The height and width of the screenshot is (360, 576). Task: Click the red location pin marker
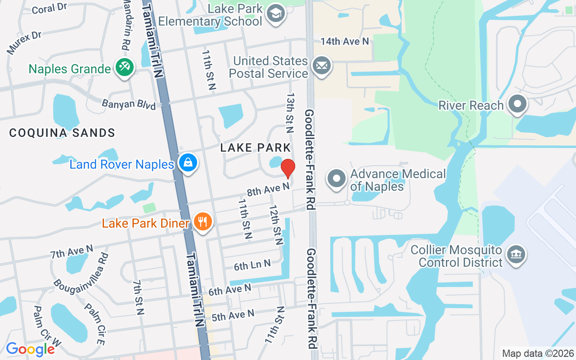(x=288, y=168)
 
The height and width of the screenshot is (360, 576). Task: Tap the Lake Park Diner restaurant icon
(x=203, y=222)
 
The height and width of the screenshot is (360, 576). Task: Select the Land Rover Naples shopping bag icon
(x=188, y=163)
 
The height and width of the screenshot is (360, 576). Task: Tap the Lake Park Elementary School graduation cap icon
(x=275, y=13)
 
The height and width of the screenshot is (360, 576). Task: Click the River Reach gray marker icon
(x=517, y=104)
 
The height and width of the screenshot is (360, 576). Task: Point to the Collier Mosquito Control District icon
(x=516, y=255)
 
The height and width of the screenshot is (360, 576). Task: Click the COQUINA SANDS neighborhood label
(x=62, y=133)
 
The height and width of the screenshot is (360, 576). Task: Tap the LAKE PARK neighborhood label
(x=256, y=147)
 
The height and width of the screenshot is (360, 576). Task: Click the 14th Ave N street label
(x=345, y=41)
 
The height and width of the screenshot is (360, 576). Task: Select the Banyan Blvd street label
(x=129, y=104)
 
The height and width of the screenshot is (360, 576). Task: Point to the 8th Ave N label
(x=268, y=189)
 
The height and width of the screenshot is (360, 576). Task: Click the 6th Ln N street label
(x=252, y=265)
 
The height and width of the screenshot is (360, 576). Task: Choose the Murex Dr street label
(x=24, y=42)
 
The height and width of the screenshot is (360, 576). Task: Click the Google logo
(x=30, y=349)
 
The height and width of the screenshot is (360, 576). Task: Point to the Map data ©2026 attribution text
(x=538, y=353)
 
